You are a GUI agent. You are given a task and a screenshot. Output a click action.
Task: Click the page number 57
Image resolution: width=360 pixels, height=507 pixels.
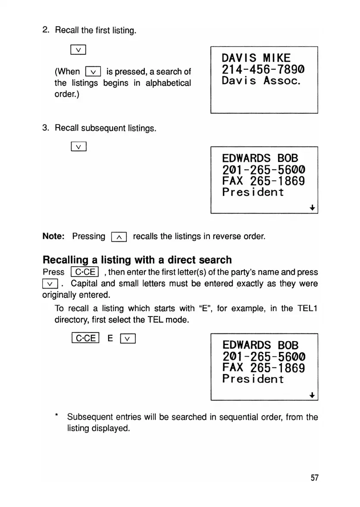click(314, 478)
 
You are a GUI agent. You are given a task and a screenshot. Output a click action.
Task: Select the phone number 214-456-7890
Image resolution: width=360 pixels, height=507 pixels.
click(263, 69)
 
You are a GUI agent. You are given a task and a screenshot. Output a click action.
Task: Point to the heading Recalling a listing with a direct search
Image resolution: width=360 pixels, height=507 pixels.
click(137, 260)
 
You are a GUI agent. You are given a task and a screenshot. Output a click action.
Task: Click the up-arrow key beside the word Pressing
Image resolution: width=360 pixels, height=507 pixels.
click(119, 237)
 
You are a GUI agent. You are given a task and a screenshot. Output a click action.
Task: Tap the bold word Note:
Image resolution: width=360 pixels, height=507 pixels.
click(54, 236)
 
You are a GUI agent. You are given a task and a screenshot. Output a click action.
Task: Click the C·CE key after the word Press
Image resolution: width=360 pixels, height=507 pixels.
click(85, 272)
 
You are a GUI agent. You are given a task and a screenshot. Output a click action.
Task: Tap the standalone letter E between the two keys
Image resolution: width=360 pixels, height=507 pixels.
click(110, 339)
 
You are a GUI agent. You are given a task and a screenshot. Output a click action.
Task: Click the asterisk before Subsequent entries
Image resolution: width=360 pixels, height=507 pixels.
click(56, 417)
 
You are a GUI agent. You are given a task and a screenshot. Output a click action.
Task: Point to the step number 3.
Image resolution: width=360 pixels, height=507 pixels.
click(45, 128)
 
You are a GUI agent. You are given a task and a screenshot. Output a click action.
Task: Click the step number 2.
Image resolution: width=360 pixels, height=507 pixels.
click(45, 30)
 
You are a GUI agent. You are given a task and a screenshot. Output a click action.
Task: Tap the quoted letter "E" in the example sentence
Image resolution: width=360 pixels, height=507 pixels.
click(204, 308)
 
